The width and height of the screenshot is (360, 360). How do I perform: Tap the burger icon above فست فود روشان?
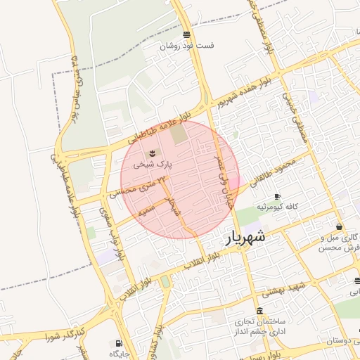186,34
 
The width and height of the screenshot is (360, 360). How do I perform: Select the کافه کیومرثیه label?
278,208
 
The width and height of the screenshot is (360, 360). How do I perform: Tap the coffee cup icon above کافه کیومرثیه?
277,196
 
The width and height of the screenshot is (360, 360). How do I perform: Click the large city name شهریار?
245,238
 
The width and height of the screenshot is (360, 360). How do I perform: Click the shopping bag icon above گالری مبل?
340,227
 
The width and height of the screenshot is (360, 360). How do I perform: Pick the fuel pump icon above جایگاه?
116,343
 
